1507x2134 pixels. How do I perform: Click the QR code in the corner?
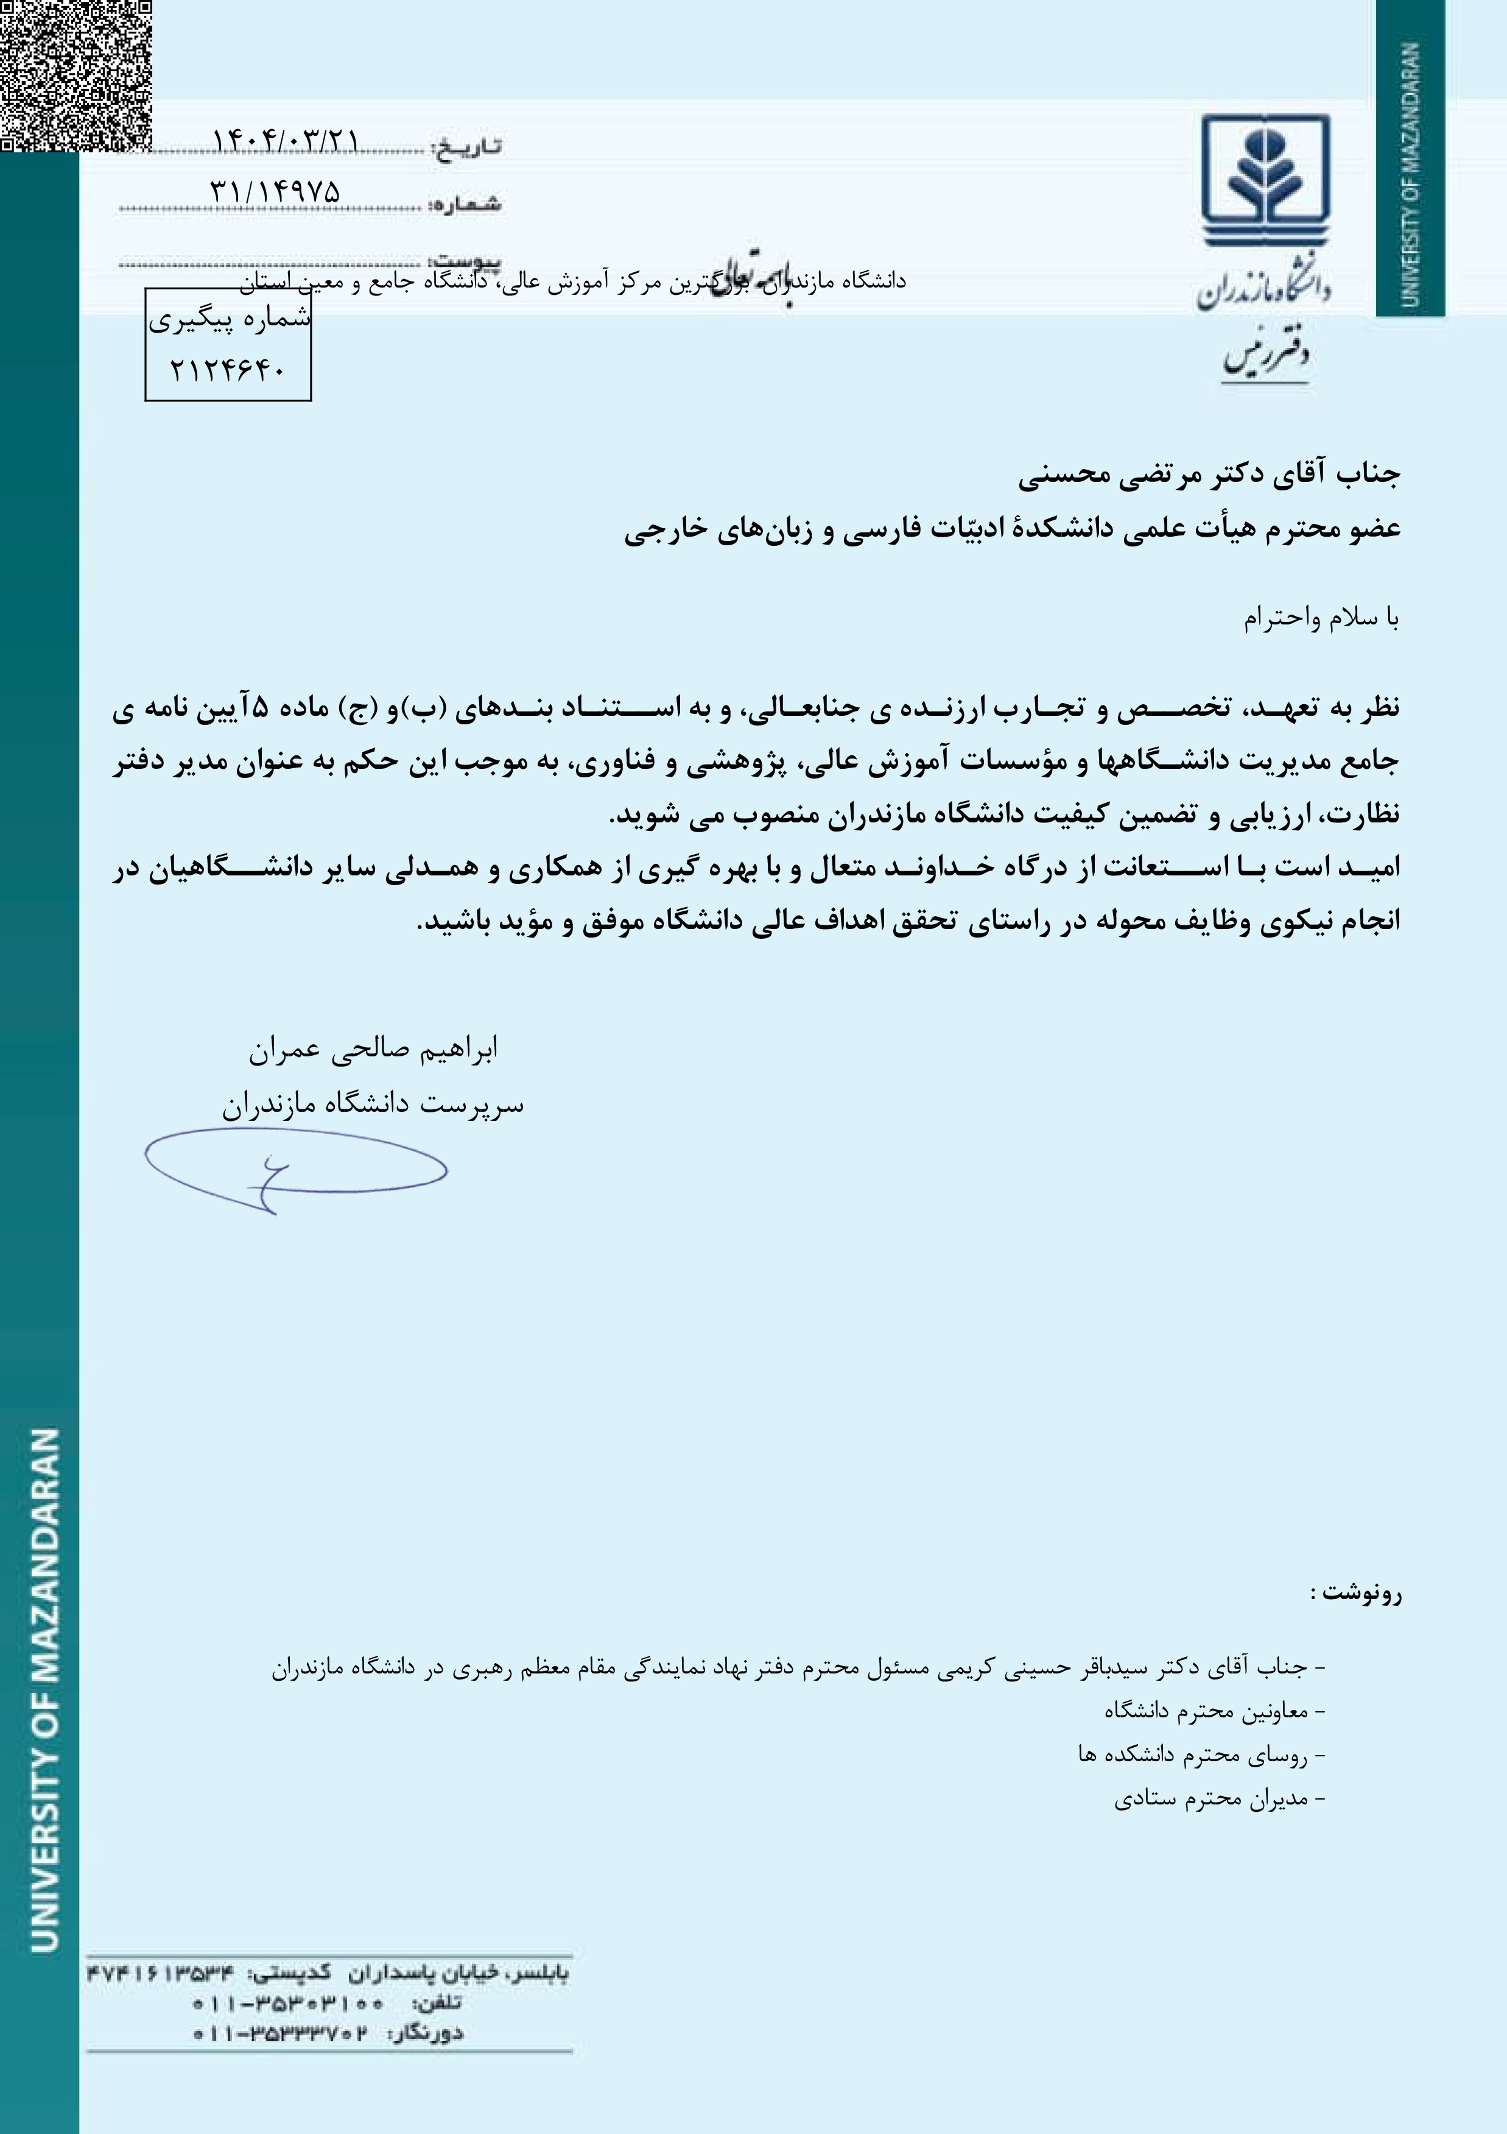74,74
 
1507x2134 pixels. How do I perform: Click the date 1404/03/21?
285,140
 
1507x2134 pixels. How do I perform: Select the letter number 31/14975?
276,191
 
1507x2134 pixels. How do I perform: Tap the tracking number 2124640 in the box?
228,370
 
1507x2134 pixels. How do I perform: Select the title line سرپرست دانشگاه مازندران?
373,1105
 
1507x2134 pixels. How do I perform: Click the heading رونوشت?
1355,1593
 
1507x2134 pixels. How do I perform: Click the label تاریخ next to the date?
468,147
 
